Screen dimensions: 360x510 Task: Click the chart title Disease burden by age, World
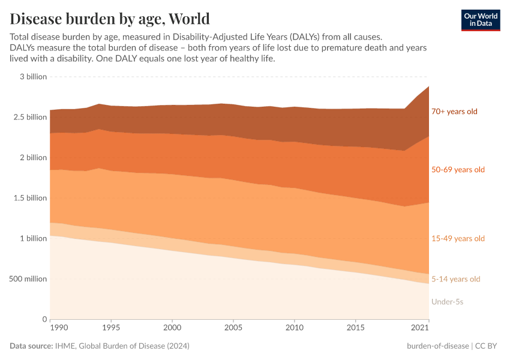pos(110,18)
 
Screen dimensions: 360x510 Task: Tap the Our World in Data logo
pos(480,20)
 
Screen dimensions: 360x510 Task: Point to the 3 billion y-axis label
pos(33,77)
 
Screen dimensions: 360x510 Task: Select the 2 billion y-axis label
pos(33,158)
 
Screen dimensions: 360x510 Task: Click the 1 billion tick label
pos(33,239)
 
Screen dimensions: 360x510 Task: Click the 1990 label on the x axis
pos(58,328)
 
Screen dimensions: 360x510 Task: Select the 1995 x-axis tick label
pos(111,328)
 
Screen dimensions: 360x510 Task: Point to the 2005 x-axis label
pos(233,328)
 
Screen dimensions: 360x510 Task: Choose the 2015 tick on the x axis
pos(356,328)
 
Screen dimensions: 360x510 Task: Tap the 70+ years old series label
pos(454,112)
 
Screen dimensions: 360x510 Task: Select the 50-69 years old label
pos(458,170)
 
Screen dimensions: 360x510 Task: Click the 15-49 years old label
pos(458,239)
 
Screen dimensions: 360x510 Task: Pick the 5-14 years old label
pos(455,279)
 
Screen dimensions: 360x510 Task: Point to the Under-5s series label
pos(447,302)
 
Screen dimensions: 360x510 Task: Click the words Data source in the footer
pos(31,346)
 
